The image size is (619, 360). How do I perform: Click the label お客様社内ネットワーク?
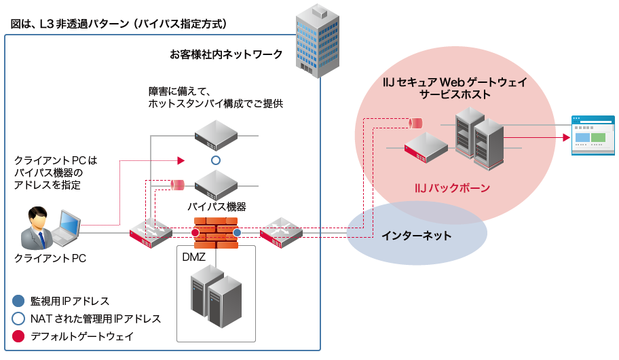(x=226, y=54)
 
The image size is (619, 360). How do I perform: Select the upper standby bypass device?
(x=216, y=135)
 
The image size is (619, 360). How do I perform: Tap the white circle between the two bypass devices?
(x=216, y=161)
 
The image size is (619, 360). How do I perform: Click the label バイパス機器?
(x=217, y=206)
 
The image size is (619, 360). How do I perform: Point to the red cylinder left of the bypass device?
(x=178, y=184)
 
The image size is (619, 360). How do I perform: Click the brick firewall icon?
(x=216, y=233)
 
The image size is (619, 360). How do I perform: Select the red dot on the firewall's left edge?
(x=195, y=234)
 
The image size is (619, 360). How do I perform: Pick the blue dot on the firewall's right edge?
(x=237, y=234)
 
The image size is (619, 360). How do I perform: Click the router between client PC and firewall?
(x=151, y=233)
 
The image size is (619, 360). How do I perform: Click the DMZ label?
(x=193, y=257)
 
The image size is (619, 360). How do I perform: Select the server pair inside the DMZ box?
(x=216, y=296)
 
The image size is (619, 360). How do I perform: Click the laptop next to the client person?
(x=67, y=228)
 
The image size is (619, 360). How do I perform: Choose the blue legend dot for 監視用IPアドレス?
(x=18, y=301)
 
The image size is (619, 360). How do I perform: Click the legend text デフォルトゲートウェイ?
(x=81, y=336)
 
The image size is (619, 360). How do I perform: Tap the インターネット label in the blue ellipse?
(x=416, y=235)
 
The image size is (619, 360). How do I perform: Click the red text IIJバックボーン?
(x=452, y=187)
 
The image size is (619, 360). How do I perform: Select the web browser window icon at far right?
(x=593, y=136)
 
